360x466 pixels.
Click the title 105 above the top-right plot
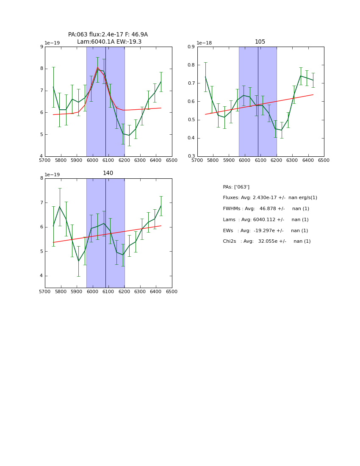point(260,42)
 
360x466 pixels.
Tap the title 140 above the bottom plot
point(108,173)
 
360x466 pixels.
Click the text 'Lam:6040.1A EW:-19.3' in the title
point(109,42)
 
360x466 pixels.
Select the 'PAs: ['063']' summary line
point(236,187)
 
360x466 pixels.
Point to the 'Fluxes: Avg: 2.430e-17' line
point(270,198)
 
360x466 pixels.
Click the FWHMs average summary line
point(266,209)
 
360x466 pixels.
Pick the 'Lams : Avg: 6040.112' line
point(266,219)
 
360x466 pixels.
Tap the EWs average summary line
point(265,230)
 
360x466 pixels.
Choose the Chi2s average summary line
point(266,241)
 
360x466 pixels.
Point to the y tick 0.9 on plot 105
point(191,47)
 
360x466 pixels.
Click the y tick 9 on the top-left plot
point(42,47)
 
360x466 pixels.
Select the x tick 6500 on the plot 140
point(172,292)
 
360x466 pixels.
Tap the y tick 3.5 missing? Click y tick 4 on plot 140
point(42,276)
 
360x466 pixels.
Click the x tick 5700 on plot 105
point(197,161)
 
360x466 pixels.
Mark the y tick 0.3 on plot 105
point(191,156)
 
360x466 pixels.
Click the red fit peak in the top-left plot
point(97,67)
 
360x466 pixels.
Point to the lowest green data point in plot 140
point(78,261)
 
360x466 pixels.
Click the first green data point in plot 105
point(205,77)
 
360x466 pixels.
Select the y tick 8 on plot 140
point(42,178)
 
